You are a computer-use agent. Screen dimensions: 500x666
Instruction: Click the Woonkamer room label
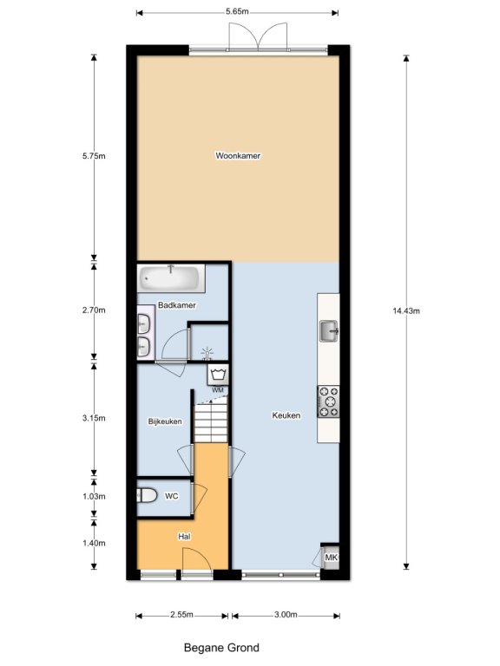click(238, 155)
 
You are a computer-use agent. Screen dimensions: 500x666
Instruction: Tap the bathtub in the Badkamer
click(171, 278)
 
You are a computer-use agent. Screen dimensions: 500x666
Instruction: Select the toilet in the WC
click(147, 495)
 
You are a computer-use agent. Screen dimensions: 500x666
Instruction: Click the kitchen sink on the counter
click(329, 331)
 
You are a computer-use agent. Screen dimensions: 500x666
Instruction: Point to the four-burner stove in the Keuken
click(329, 402)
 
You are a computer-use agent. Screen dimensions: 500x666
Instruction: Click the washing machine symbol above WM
click(218, 375)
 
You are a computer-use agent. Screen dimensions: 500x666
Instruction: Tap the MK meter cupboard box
click(331, 557)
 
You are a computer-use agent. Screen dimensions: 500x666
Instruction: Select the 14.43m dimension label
click(406, 311)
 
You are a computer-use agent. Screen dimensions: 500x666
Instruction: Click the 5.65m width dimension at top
click(237, 11)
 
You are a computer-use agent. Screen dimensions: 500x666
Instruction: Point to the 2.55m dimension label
click(182, 615)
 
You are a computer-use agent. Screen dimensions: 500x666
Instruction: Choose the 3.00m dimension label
click(286, 615)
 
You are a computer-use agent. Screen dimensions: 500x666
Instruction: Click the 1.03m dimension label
click(94, 496)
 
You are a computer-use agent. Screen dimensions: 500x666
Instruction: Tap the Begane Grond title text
click(221, 648)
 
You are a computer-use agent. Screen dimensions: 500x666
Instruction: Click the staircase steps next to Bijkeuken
click(211, 422)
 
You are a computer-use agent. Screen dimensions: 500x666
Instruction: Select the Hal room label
click(184, 537)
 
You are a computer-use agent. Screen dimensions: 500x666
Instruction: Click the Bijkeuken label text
click(165, 421)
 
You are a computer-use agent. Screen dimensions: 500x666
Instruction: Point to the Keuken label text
click(286, 415)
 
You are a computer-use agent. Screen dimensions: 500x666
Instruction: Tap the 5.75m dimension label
click(94, 156)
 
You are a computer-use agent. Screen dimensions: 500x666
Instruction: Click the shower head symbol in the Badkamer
click(207, 354)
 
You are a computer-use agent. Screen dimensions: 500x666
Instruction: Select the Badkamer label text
click(177, 305)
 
